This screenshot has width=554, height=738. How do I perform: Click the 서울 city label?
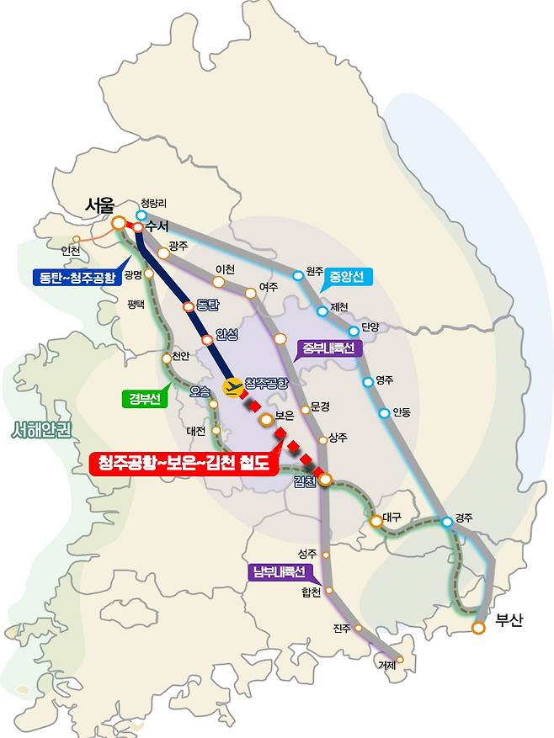pos(104,205)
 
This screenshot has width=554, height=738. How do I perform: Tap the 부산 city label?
pos(509,621)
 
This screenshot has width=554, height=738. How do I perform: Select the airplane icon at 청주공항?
pos(232,385)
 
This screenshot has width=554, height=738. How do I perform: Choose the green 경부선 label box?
pos(146,400)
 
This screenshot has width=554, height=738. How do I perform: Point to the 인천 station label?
pos(71,250)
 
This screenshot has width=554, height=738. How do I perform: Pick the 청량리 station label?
pos(154,202)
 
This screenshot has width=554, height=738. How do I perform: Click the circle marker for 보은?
pos(266,418)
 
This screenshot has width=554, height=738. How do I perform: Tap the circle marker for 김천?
pos(325,480)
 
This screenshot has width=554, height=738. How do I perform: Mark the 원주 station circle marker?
pos(298,275)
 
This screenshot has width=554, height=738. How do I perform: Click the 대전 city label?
pos(196,431)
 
